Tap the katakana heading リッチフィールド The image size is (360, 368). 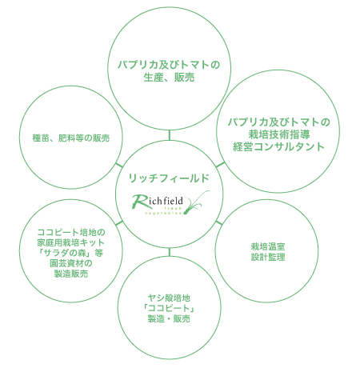pos(169,178)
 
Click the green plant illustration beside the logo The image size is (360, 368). pos(197,202)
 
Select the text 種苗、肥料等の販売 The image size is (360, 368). pos(71,138)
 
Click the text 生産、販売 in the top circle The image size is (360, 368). pos(169,78)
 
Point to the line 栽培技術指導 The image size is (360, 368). pos(279,134)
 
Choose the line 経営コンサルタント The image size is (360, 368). pos(278,146)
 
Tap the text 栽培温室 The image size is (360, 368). pos(268,246)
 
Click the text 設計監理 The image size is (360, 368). pos(268,257)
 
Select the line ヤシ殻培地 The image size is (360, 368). pos(169,298)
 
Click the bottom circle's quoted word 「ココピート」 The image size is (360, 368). pos(169,308)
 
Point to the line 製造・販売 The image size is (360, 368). pos(169,318)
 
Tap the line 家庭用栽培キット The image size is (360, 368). pos(71,242)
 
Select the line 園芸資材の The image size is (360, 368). pos(71,263)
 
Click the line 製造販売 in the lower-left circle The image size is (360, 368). pos(71,274)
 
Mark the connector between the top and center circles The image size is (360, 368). pos(169,135)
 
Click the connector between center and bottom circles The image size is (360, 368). pos(169,252)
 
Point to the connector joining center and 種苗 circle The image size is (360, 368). pos(119,166)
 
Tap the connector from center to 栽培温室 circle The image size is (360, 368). pos(218,222)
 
